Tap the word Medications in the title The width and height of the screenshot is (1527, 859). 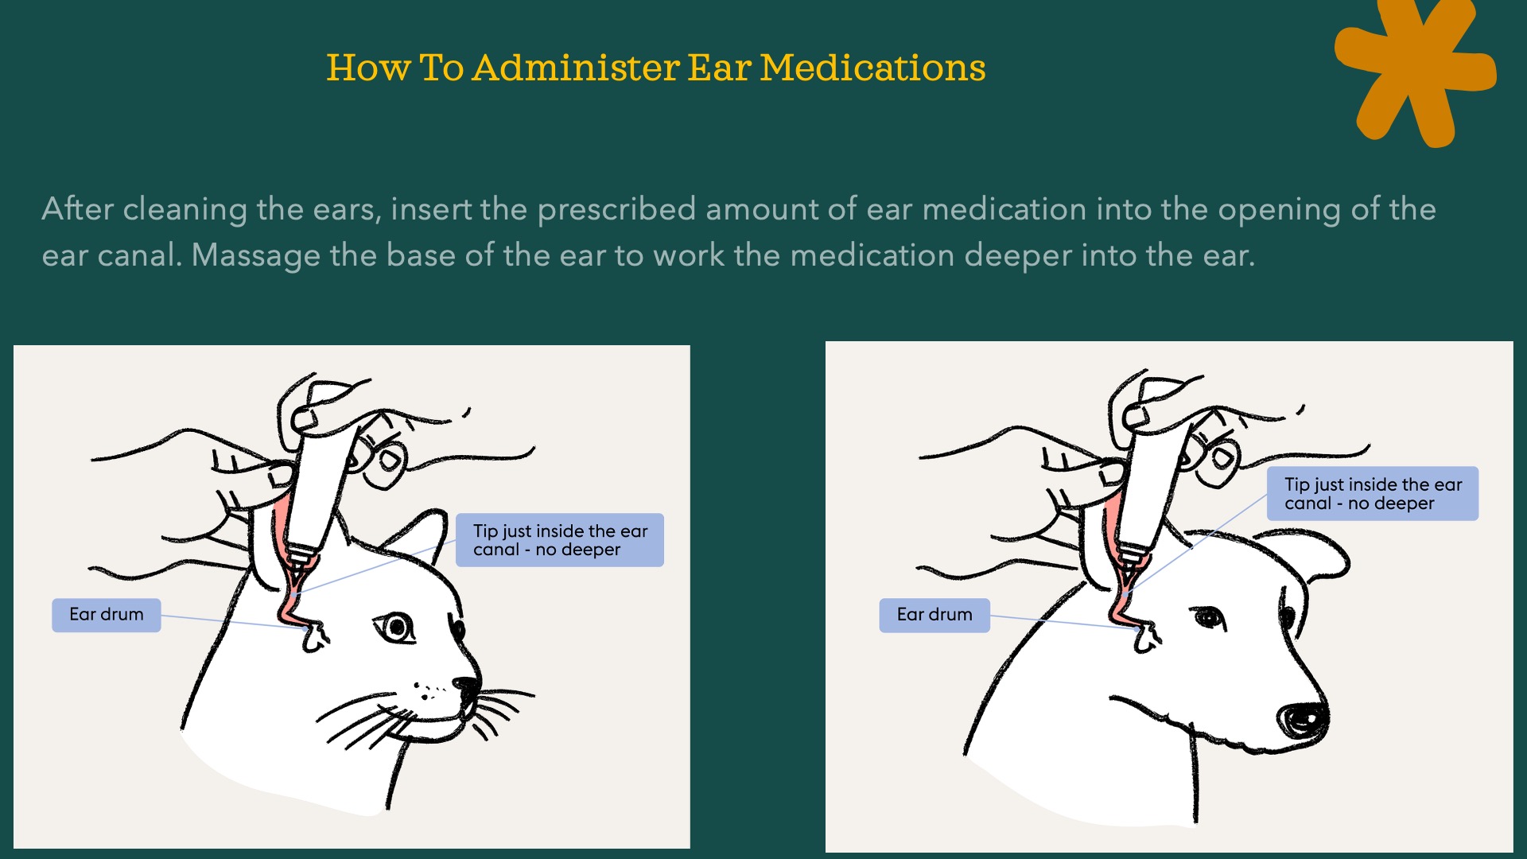tap(872, 68)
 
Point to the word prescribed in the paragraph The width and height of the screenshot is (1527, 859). tap(616, 209)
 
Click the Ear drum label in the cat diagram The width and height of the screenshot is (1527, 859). tap(107, 615)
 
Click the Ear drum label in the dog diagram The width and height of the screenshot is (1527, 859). tap(934, 615)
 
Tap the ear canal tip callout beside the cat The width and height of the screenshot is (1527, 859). tap(560, 540)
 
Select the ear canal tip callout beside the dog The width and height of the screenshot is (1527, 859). tap(1373, 494)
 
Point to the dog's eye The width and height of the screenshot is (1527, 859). tap(1208, 617)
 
